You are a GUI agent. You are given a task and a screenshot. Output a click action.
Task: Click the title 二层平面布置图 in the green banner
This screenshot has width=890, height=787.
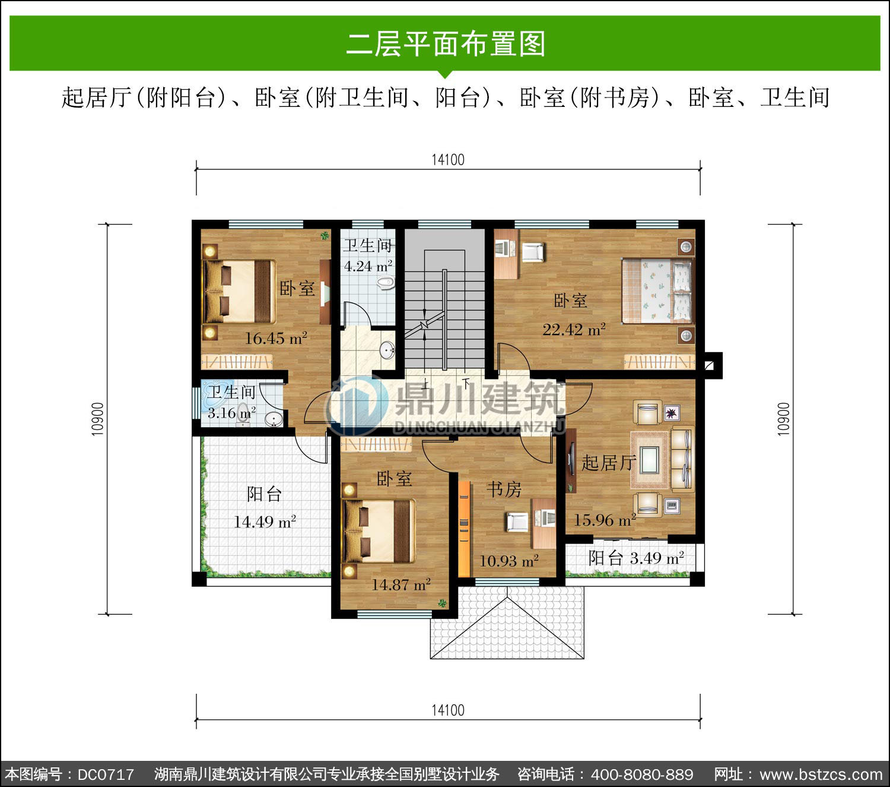coord(446,44)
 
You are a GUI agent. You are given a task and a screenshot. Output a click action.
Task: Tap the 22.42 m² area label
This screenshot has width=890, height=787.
coord(574,330)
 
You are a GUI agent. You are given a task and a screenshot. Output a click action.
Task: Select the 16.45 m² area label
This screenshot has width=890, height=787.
coord(275,339)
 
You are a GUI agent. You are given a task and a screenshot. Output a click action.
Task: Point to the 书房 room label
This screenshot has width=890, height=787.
coord(504,489)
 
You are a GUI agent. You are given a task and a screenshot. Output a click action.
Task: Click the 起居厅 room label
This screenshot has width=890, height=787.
coord(609,463)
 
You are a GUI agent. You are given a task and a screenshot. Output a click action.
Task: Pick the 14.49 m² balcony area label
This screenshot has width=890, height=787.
coord(265,521)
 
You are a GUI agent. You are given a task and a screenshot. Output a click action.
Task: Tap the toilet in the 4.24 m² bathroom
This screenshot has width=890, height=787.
coord(386,283)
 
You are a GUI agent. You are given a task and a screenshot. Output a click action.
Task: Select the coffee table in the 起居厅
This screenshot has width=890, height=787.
coord(650,460)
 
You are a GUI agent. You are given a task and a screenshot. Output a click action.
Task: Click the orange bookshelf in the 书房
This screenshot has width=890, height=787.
coord(464,529)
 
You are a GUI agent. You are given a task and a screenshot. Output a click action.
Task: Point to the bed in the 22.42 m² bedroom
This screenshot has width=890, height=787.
coord(657,291)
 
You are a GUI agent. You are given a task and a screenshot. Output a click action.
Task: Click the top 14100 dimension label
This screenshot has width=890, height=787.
coord(447,160)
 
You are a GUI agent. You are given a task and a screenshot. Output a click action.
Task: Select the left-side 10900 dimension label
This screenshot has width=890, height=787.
coord(97,419)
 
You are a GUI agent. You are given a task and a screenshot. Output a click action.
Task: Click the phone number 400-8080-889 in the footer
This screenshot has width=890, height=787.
coord(642,775)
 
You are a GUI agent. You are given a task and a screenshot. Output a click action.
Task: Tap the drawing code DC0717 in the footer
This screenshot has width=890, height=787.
coord(106,775)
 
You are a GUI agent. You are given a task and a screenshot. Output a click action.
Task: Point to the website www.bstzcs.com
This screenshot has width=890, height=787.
coord(821,775)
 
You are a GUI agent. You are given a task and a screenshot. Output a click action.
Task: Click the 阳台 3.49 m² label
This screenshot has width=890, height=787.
coord(636,558)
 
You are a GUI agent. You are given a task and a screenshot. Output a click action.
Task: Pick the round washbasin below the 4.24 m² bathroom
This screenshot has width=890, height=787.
coord(387,350)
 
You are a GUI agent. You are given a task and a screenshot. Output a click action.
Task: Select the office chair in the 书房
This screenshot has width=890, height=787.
coord(517,522)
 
